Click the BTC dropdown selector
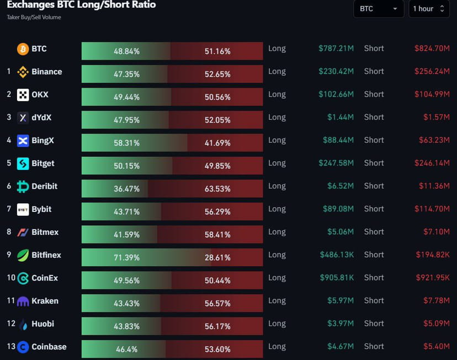(379, 9)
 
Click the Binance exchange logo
(23, 72)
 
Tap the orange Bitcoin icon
(23, 49)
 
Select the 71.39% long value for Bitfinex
(126, 258)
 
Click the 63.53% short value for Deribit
(217, 189)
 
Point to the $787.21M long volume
(336, 49)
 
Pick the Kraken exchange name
(45, 301)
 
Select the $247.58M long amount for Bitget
(336, 163)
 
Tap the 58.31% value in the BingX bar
(126, 143)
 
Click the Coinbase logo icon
(23, 347)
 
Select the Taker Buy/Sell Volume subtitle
(34, 18)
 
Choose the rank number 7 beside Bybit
(9, 209)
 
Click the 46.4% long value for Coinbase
(126, 350)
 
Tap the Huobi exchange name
(42, 324)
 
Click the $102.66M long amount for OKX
(336, 94)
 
